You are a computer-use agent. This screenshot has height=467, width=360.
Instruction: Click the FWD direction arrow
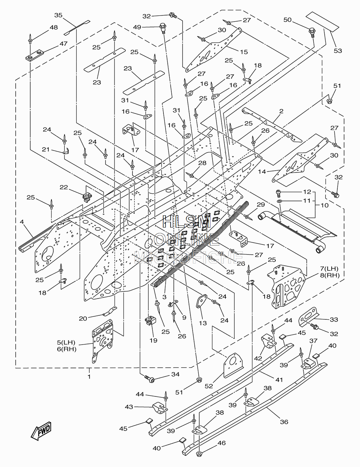tap(41, 431)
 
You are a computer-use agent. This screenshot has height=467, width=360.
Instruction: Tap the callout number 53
tap(338, 51)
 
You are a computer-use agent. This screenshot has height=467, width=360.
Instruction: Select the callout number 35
tap(58, 15)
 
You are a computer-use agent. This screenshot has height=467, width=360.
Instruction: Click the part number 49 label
tap(137, 27)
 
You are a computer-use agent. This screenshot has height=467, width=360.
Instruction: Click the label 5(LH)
tap(66, 342)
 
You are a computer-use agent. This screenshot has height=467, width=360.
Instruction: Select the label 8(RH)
tap(330, 275)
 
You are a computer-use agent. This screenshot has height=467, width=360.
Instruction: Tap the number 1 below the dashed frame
tap(89, 377)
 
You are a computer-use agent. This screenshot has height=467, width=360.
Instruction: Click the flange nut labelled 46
tap(199, 460)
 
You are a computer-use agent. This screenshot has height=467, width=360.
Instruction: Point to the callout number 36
tap(284, 422)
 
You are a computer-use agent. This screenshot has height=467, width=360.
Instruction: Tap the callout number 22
tap(64, 187)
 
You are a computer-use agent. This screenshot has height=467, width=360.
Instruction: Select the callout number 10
tap(325, 205)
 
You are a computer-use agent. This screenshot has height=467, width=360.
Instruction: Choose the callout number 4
tap(22, 221)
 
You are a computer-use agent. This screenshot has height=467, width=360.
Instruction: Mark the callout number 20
tap(83, 319)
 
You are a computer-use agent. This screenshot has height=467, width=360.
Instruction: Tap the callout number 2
tap(281, 111)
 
